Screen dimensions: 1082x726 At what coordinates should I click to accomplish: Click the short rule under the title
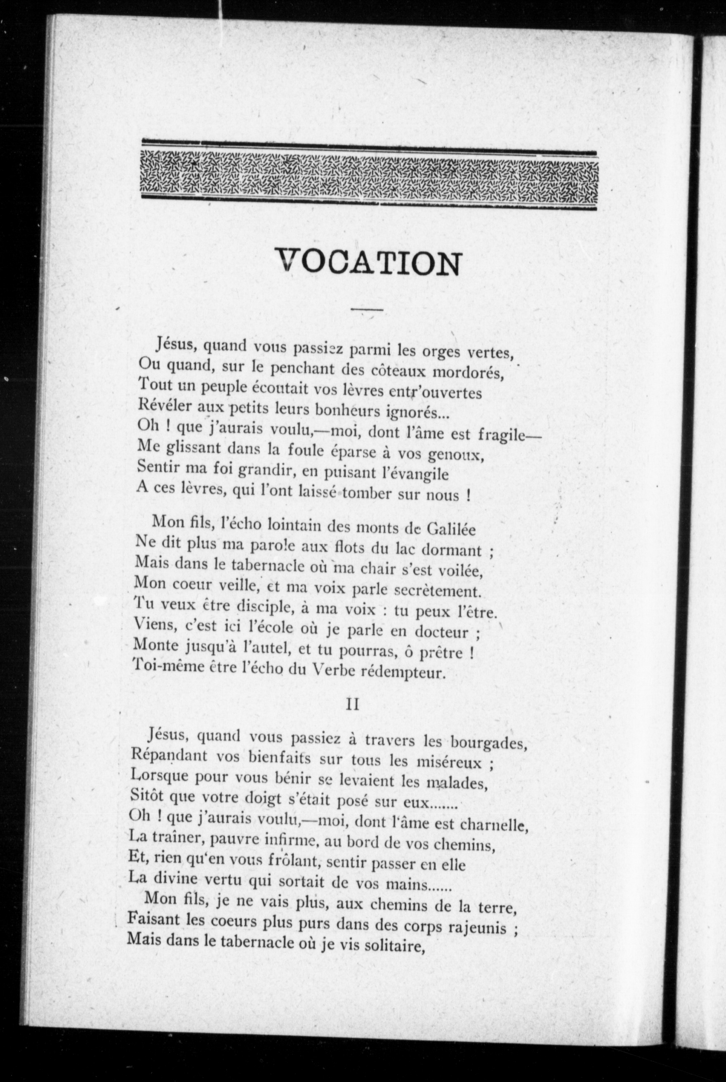click(367, 309)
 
